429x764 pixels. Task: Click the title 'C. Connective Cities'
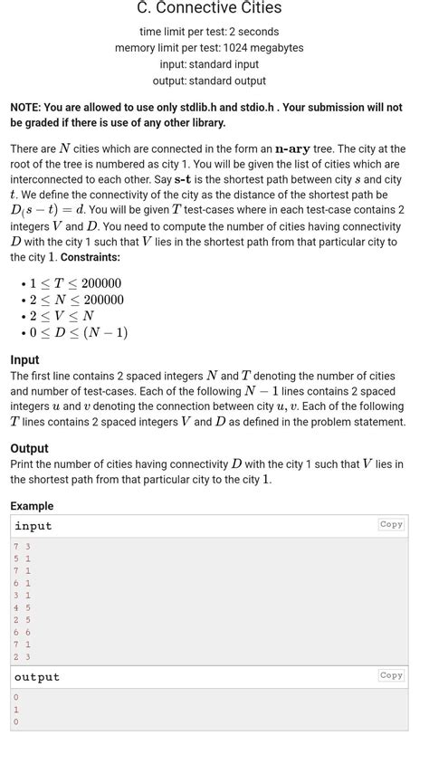(209, 8)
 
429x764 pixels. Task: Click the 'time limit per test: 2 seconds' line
(209, 32)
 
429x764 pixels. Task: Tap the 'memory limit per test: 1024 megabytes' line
(209, 48)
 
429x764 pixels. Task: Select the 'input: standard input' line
(209, 64)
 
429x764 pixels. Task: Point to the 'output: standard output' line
(209, 81)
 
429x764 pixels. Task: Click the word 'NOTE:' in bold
(25, 107)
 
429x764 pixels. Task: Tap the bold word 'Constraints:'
(91, 257)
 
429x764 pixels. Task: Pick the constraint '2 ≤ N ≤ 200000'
(76, 300)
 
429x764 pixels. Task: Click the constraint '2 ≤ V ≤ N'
(61, 316)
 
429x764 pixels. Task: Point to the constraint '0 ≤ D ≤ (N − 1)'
(78, 332)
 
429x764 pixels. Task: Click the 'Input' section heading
(24, 359)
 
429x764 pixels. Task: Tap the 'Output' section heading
(29, 448)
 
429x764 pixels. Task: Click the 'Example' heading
(32, 506)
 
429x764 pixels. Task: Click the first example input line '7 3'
(22, 547)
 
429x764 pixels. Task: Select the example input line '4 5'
(22, 607)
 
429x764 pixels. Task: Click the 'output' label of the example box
(37, 677)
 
